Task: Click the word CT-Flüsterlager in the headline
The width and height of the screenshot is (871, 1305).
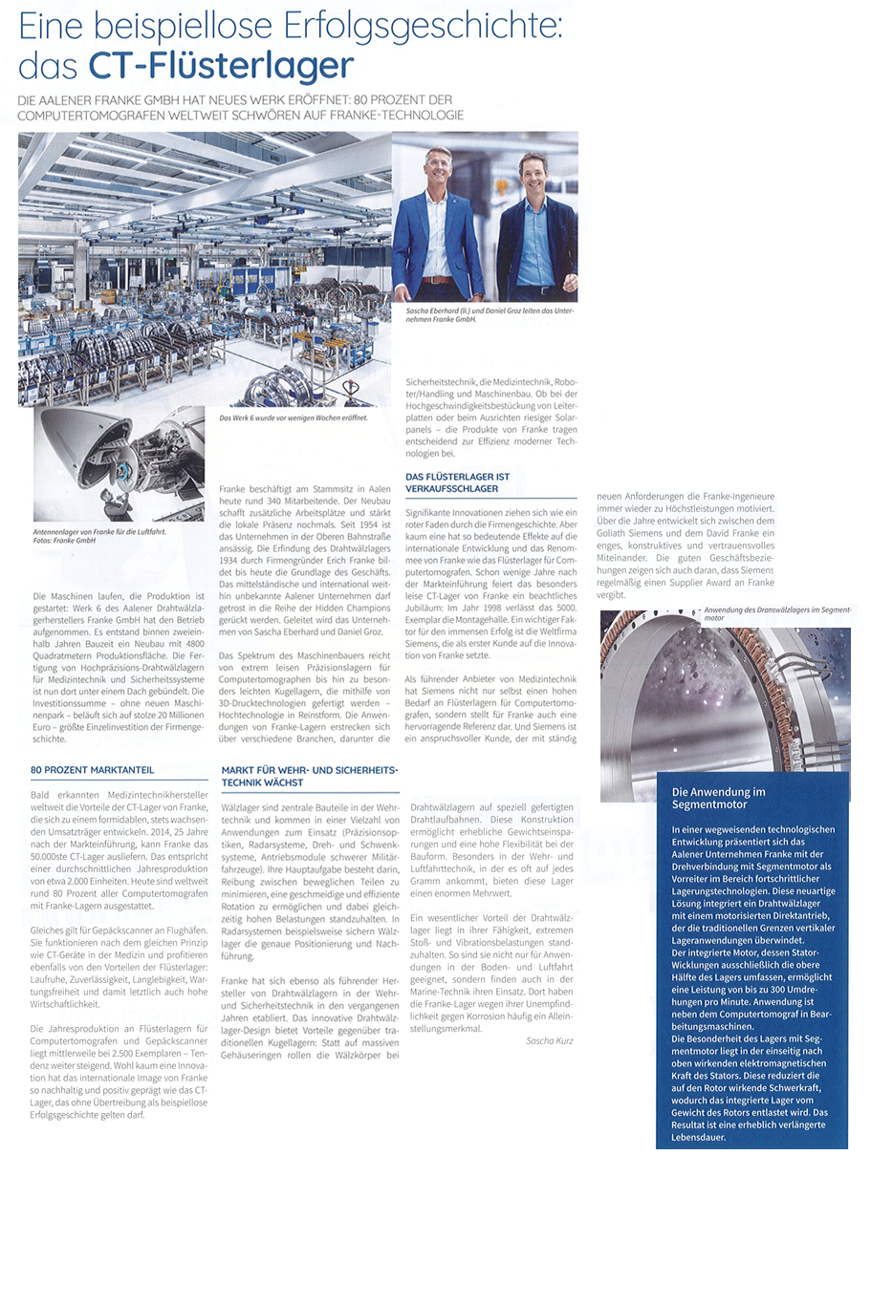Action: [221, 66]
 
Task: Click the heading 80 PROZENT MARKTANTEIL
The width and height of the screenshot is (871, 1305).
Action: [92, 769]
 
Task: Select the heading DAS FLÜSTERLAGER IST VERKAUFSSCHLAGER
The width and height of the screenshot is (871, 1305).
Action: [458, 482]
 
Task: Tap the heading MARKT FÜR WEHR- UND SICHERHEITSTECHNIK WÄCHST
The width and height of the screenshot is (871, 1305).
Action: [310, 776]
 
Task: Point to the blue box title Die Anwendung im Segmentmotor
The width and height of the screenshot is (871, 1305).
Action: [719, 798]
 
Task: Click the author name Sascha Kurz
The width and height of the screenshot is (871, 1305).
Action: [549, 1040]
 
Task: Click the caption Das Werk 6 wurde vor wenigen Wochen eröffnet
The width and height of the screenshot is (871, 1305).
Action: [293, 417]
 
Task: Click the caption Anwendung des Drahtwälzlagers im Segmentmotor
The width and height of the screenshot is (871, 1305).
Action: [776, 613]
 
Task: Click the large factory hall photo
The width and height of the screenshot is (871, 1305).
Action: [205, 267]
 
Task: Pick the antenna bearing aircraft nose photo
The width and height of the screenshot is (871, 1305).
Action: [119, 465]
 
